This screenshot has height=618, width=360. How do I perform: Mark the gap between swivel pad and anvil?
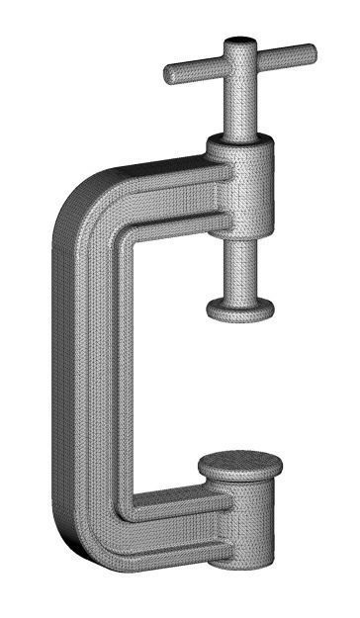tap(240, 386)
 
